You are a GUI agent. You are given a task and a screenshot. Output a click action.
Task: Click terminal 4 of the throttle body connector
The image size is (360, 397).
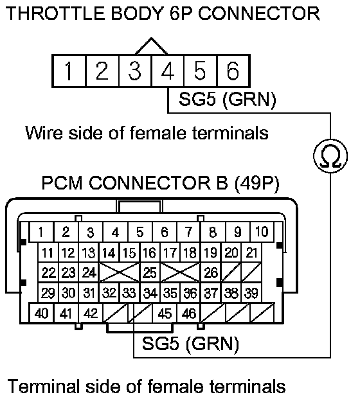[x=167, y=71]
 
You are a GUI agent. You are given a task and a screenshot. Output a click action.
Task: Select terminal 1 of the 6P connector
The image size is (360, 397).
[x=69, y=71]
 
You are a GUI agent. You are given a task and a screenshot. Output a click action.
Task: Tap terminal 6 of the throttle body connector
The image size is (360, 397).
[x=233, y=71]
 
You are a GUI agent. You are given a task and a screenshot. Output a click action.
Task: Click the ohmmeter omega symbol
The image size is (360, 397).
[x=330, y=156]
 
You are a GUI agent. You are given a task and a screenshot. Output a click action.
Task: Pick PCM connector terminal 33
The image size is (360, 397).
[x=129, y=293]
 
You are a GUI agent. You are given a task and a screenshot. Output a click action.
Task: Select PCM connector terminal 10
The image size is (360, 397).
[x=262, y=232]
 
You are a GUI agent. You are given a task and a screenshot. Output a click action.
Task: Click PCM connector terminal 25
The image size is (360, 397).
[x=150, y=272]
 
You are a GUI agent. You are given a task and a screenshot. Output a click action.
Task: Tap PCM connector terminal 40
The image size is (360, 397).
[x=42, y=313]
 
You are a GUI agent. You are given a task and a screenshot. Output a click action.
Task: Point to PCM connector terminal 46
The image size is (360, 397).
[x=189, y=313]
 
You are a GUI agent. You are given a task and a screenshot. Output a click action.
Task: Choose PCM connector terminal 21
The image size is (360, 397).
[x=251, y=252]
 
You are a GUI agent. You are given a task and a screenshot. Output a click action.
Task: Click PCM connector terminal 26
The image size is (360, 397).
[x=211, y=272]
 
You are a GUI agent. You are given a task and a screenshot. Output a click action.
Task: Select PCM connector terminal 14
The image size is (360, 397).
[x=109, y=252]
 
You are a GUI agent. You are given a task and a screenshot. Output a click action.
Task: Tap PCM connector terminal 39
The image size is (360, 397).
[x=251, y=293]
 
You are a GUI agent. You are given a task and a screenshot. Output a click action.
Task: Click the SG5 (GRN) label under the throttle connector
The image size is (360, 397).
[x=227, y=99]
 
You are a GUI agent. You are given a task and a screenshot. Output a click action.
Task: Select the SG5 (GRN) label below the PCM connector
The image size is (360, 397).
[x=190, y=344]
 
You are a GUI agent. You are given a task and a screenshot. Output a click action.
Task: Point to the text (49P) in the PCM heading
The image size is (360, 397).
[x=256, y=182]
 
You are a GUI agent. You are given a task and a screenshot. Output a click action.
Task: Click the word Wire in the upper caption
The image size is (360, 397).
[x=44, y=132]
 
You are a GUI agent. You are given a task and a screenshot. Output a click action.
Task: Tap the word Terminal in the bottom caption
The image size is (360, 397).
[x=42, y=386]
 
